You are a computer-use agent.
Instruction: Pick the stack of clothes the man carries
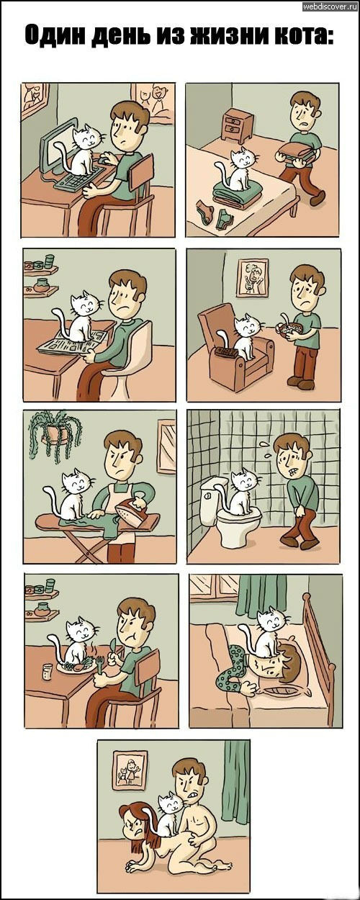[x=296, y=152]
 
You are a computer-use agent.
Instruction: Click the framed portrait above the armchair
[x=251, y=277]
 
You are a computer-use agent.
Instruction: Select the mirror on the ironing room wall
[x=166, y=446]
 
